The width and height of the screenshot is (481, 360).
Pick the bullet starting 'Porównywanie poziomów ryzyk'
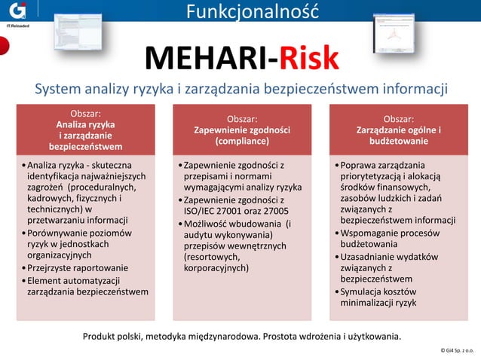79,245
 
